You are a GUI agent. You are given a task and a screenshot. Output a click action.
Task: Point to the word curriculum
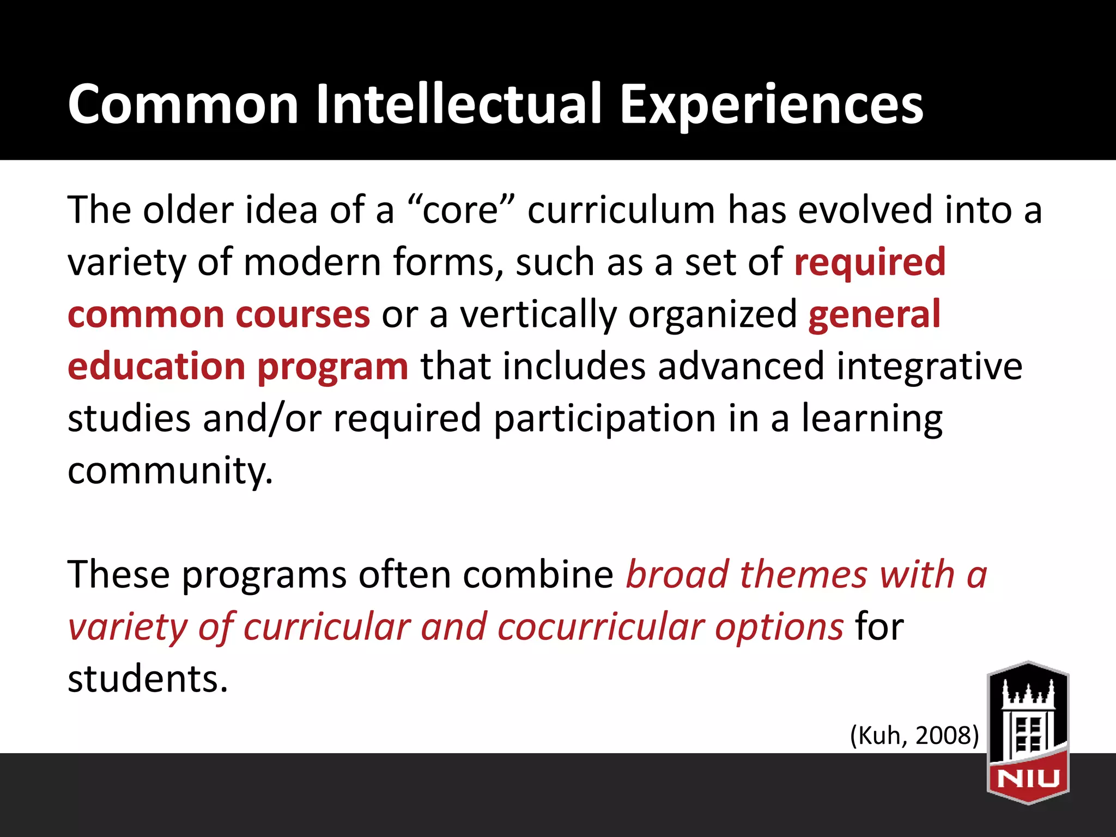click(x=621, y=210)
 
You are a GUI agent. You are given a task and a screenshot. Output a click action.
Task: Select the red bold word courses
click(x=303, y=314)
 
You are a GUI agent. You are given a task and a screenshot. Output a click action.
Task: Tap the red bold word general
click(x=874, y=314)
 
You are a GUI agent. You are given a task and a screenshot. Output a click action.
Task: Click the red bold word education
click(x=156, y=366)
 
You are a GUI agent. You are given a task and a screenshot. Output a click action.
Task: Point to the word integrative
click(x=929, y=366)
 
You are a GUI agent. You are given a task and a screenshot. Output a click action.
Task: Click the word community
click(x=170, y=471)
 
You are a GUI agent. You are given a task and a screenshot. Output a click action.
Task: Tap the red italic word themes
click(x=803, y=575)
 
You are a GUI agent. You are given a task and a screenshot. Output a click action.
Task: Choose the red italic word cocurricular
click(x=601, y=627)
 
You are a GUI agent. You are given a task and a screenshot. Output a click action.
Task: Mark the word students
click(x=148, y=679)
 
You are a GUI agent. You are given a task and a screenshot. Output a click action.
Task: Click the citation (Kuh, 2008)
click(x=914, y=735)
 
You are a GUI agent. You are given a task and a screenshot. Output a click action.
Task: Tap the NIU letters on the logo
click(x=1028, y=778)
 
